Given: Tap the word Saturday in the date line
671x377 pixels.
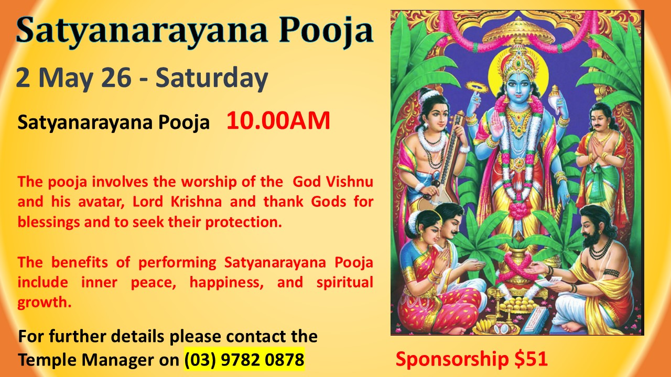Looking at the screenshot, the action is pyautogui.click(x=211, y=79).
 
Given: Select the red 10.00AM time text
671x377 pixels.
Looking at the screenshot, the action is pyautogui.click(x=278, y=120).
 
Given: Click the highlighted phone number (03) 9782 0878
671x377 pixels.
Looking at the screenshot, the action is pyautogui.click(x=244, y=359).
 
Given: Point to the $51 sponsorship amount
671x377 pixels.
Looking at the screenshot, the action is pyautogui.click(x=531, y=359).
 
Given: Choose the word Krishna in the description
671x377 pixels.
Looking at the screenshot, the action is pyautogui.click(x=196, y=202).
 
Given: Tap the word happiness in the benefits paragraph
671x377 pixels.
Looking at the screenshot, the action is pyautogui.click(x=226, y=283).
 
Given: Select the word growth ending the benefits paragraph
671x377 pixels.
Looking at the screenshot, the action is pyautogui.click(x=45, y=303).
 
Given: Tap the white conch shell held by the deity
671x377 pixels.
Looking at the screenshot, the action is pyautogui.click(x=556, y=100).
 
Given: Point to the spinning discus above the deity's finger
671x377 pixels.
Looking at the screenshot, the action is pyautogui.click(x=477, y=86).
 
